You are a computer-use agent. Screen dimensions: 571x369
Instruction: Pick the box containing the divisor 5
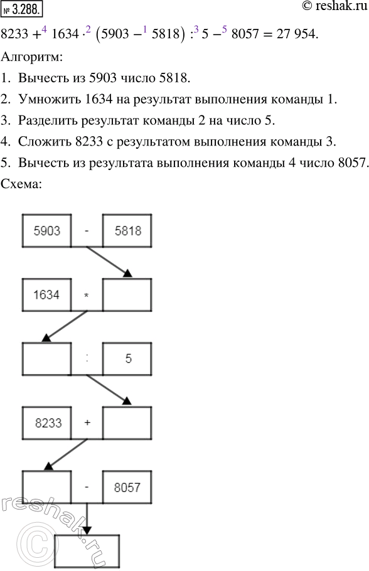[x=127, y=358]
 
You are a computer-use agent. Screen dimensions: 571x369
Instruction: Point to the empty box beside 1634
[x=127, y=294]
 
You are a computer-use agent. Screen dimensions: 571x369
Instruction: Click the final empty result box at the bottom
[x=87, y=550]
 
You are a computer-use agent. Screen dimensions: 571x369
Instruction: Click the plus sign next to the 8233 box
[x=87, y=422]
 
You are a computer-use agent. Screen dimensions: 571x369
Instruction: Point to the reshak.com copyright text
[x=328, y=9]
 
